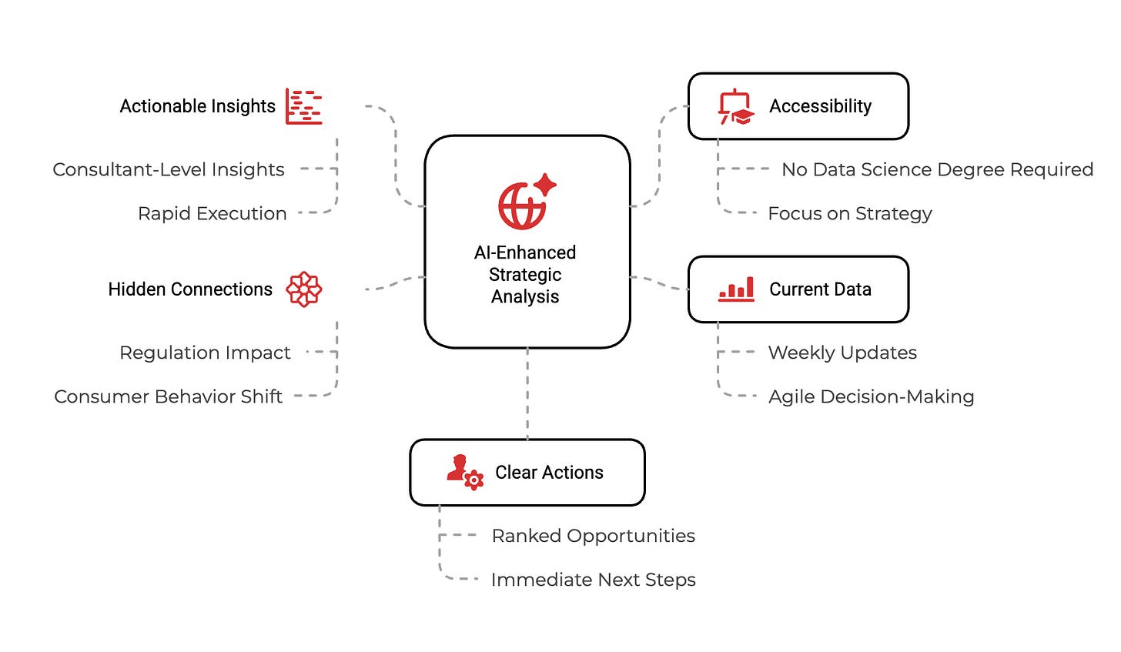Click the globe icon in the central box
pyautogui.click(x=523, y=206)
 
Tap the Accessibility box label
pyautogui.click(x=820, y=106)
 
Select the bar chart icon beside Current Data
pyautogui.click(x=736, y=289)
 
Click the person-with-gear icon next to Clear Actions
pyautogui.click(x=465, y=472)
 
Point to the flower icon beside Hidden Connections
pyautogui.click(x=304, y=289)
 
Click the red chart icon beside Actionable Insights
pyautogui.click(x=304, y=106)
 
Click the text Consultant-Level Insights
pyautogui.click(x=169, y=169)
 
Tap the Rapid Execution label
pyautogui.click(x=212, y=213)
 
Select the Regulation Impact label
pyautogui.click(x=205, y=353)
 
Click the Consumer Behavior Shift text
pyautogui.click(x=168, y=396)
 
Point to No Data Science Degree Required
pyautogui.click(x=937, y=169)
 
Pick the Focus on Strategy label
pyautogui.click(x=850, y=213)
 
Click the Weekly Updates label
pyautogui.click(x=842, y=353)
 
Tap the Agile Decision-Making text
pyautogui.click(x=871, y=396)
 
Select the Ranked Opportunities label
pyautogui.click(x=593, y=536)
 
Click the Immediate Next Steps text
pyautogui.click(x=593, y=580)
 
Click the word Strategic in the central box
pyautogui.click(x=525, y=275)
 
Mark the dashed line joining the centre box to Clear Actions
pyautogui.click(x=527, y=393)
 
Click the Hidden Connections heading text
pyautogui.click(x=190, y=289)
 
